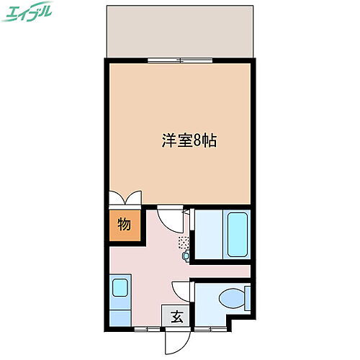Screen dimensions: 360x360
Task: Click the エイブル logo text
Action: tap(30, 14)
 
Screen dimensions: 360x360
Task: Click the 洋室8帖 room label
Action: tap(189, 141)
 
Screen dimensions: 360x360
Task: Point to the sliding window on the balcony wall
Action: tap(181, 60)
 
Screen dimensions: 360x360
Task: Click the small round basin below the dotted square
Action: tap(186, 255)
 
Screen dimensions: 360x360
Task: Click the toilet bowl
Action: tap(231, 297)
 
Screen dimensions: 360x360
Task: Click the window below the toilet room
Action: tap(212, 329)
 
